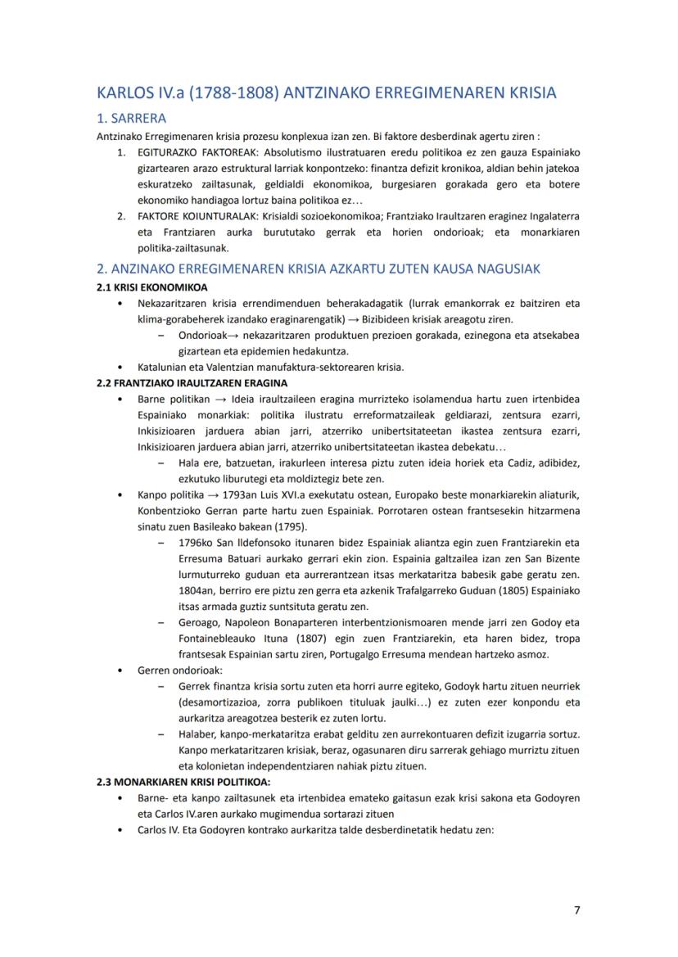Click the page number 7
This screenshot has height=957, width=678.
click(576, 910)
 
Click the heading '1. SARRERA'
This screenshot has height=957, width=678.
click(131, 119)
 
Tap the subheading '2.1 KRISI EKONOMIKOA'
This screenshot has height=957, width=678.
click(151, 287)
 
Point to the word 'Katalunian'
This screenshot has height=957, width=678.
click(164, 368)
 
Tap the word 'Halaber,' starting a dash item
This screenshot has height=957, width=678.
click(198, 734)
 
